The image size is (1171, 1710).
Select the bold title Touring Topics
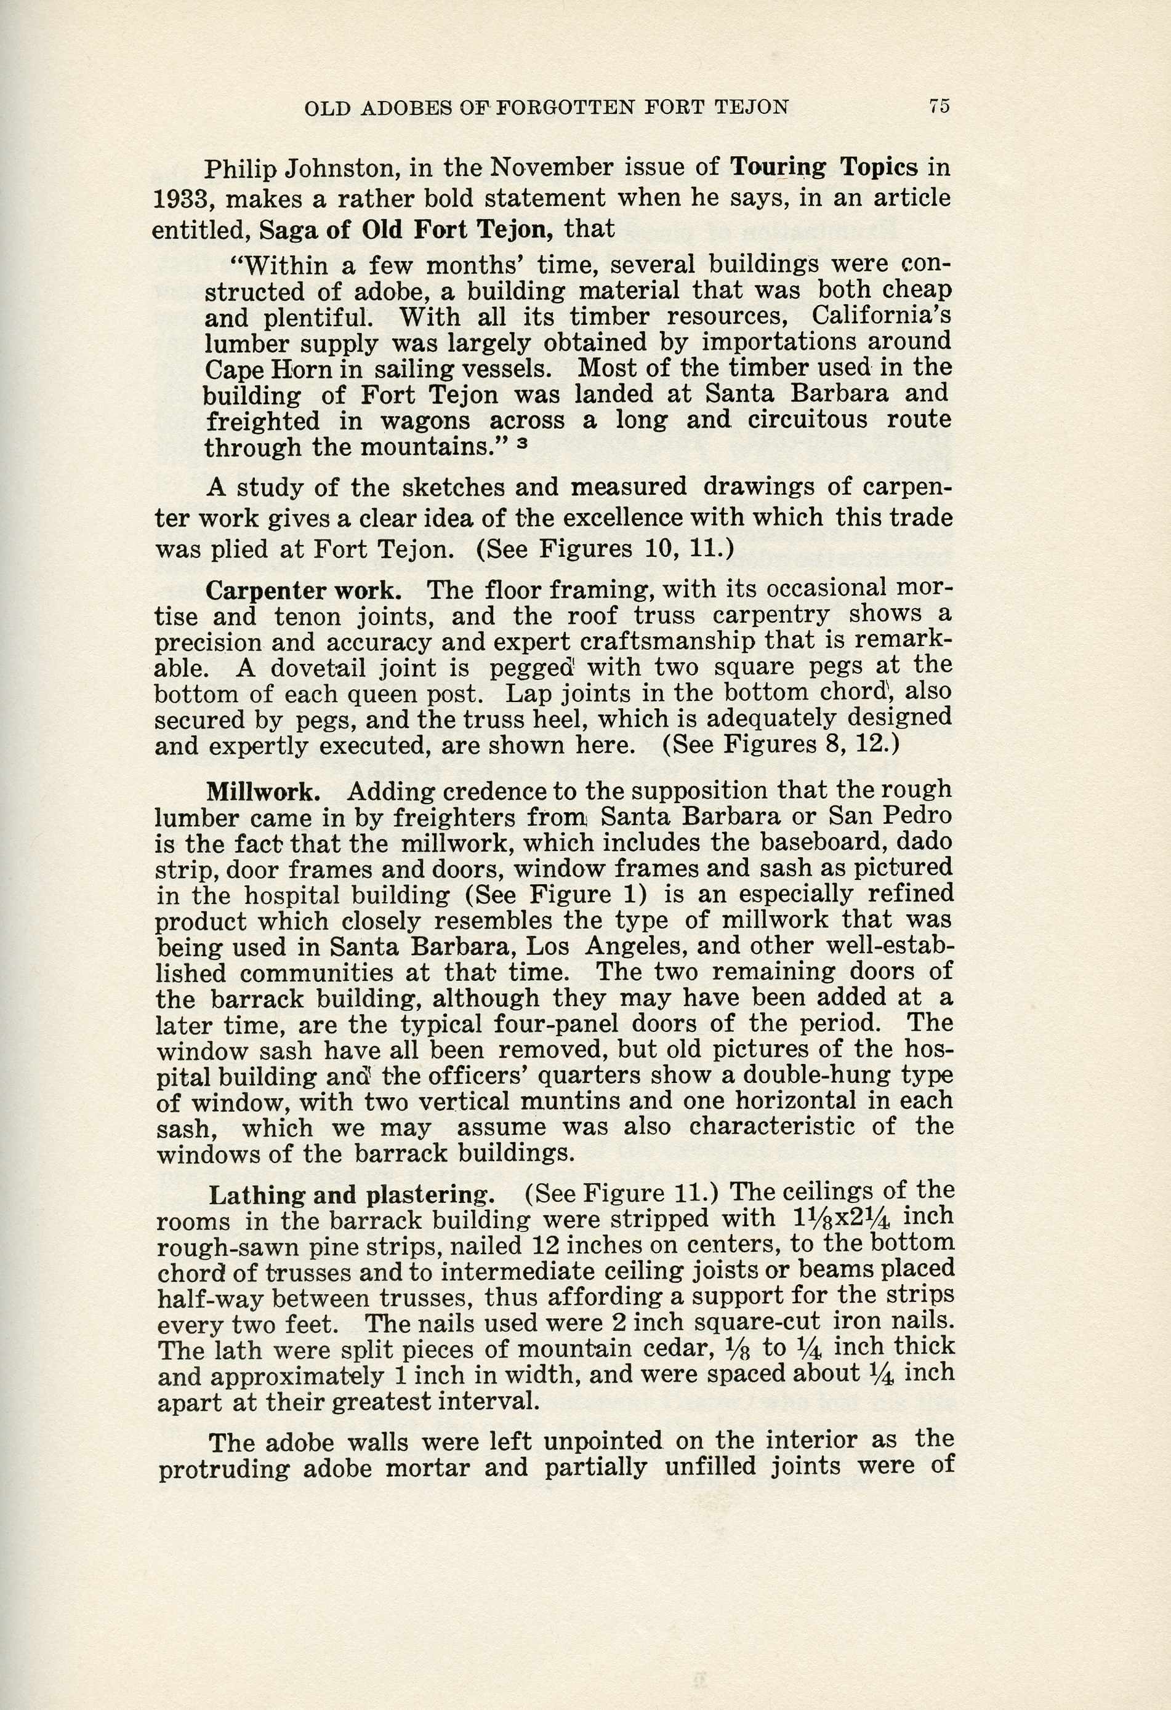[x=824, y=168]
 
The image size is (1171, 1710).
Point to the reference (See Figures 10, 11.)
[x=605, y=549]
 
